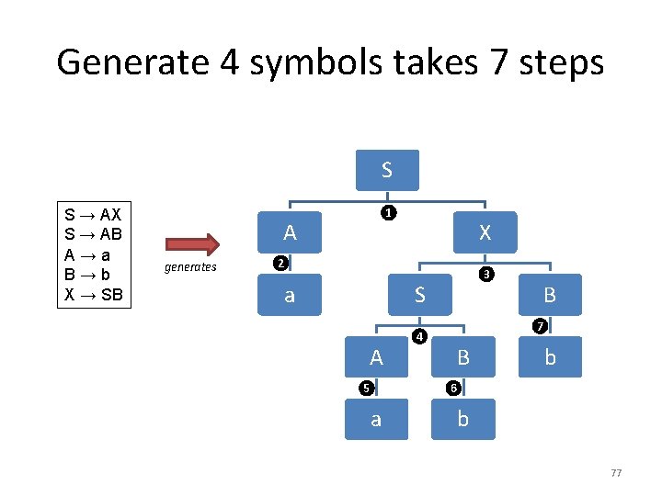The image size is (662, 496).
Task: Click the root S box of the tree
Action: pos(387,170)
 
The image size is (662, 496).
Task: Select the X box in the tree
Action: pos(485,232)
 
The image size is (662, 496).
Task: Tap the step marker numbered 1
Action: pos(389,213)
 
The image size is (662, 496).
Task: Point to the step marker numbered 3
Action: pos(487,275)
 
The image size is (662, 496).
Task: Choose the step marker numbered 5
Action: pos(366,387)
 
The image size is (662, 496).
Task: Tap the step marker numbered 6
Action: pos(453,387)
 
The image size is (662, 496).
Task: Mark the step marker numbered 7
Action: pos(542,327)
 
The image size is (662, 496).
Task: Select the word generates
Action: pos(190,267)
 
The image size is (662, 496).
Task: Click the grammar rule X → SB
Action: pos(94,296)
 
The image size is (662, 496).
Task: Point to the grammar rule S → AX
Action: pos(94,214)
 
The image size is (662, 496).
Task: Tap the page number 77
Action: pos(616,473)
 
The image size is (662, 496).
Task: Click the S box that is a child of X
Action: pos(419,295)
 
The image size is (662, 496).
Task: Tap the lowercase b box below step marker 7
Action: pos(550,357)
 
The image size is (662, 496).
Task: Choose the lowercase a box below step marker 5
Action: pos(375,419)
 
